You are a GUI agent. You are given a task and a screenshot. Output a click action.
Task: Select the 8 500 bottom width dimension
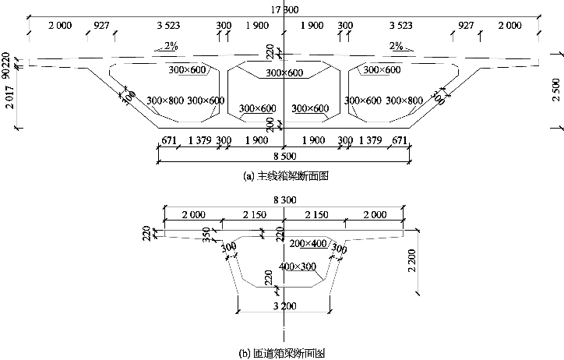pos(284,154)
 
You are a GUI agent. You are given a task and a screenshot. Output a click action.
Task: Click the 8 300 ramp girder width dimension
pos(284,200)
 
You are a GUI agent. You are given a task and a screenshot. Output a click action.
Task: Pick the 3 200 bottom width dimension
pos(284,306)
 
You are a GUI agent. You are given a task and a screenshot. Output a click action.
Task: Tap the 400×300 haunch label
pos(296,267)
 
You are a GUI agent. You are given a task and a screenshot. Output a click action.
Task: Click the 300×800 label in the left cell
pos(165,101)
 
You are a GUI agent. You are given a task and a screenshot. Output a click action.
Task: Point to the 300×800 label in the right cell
pos(405,101)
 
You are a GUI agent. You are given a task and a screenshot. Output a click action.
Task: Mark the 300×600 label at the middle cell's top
pos(284,73)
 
